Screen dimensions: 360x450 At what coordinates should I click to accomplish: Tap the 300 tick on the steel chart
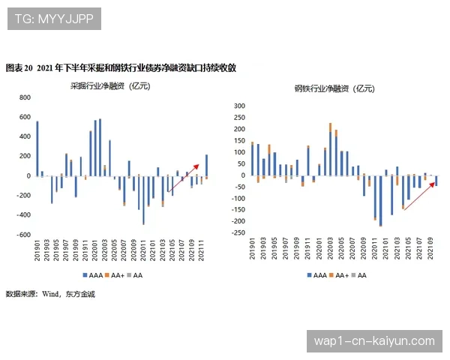pyautogui.click(x=240, y=106)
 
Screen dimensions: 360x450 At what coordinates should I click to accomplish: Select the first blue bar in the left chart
pyautogui.click(x=37, y=148)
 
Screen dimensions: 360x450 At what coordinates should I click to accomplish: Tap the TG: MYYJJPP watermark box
pyautogui.click(x=54, y=19)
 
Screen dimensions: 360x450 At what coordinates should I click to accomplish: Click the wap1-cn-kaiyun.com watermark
pyautogui.click(x=374, y=340)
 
